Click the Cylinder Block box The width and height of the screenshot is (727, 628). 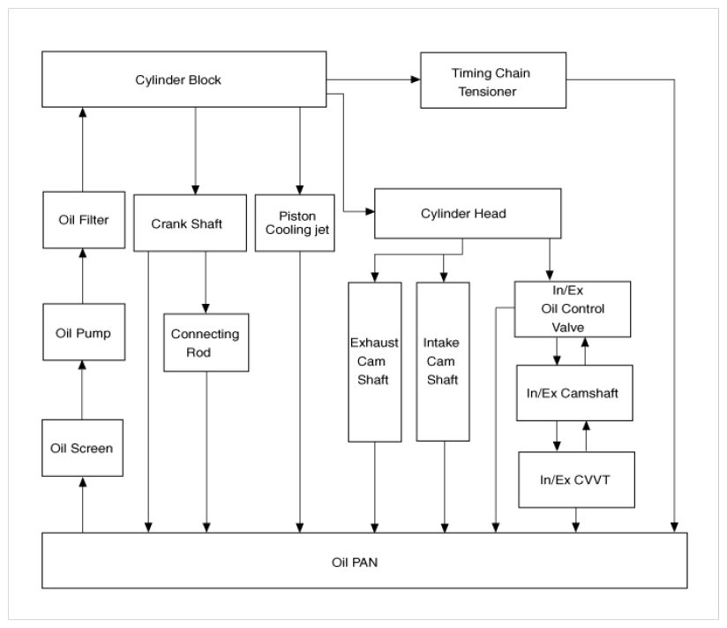pos(184,79)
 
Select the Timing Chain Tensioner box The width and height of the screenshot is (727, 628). pos(493,80)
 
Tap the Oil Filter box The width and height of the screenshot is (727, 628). pos(84,220)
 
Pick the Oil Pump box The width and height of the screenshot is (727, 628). pos(84,332)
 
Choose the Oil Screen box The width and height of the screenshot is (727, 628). pos(83,448)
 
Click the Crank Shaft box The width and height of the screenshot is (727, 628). pos(190,223)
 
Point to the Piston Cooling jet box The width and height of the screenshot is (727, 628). pos(295,223)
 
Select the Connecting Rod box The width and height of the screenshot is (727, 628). pos(206,343)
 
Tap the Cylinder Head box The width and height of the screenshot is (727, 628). pos(468,214)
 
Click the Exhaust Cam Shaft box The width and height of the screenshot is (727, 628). pos(375,362)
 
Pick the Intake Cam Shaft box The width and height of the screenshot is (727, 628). pos(443,362)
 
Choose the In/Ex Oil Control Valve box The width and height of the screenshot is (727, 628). pos(573,309)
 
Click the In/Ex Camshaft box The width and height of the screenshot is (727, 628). pos(574,393)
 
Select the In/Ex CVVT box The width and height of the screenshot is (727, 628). pos(576,480)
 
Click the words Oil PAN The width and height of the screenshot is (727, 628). pos(355,563)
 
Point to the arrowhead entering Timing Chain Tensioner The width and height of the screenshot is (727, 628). pos(416,79)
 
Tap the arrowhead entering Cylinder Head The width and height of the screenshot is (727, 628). pos(370,212)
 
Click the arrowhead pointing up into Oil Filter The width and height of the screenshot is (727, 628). pos(83,253)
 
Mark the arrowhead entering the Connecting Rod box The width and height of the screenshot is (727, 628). pos(206,308)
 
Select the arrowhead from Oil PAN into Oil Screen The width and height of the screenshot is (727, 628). pos(83,482)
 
